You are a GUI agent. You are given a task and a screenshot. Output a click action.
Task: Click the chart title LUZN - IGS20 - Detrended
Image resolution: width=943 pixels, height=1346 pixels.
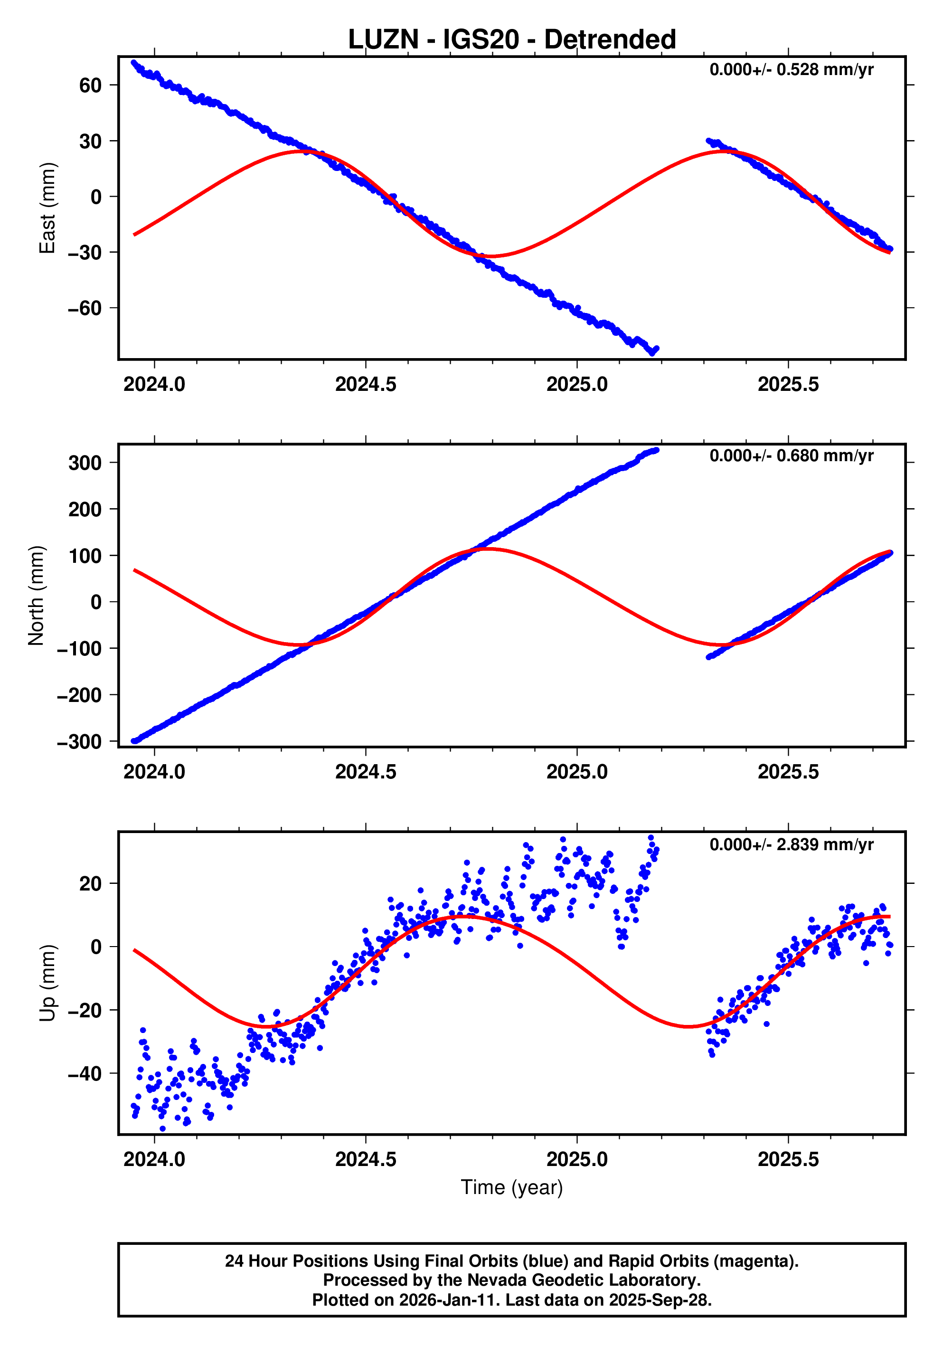[512, 40]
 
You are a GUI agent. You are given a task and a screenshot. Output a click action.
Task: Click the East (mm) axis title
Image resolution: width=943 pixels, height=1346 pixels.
[47, 208]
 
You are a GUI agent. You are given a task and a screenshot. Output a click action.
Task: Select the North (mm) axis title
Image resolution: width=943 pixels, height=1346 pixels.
[37, 596]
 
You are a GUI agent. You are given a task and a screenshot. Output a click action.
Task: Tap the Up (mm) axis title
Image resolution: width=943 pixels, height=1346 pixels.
[47, 983]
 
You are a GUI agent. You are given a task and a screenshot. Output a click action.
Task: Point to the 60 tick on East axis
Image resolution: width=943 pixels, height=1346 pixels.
[90, 85]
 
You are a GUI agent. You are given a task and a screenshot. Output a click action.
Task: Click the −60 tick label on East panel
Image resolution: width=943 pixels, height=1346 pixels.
[85, 308]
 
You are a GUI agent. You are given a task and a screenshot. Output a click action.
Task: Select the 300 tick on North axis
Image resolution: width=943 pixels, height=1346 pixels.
[85, 463]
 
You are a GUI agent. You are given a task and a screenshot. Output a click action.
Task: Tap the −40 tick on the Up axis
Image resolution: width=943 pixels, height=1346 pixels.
[85, 1074]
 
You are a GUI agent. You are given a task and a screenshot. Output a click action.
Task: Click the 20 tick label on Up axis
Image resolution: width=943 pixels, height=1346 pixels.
[90, 883]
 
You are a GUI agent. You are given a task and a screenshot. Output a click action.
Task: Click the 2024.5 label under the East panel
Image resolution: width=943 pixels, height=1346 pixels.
[366, 385]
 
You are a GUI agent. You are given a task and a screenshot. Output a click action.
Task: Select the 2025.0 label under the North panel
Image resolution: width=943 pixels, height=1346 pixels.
[577, 772]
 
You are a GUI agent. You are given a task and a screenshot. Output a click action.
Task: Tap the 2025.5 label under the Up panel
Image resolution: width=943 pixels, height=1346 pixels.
[788, 1159]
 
